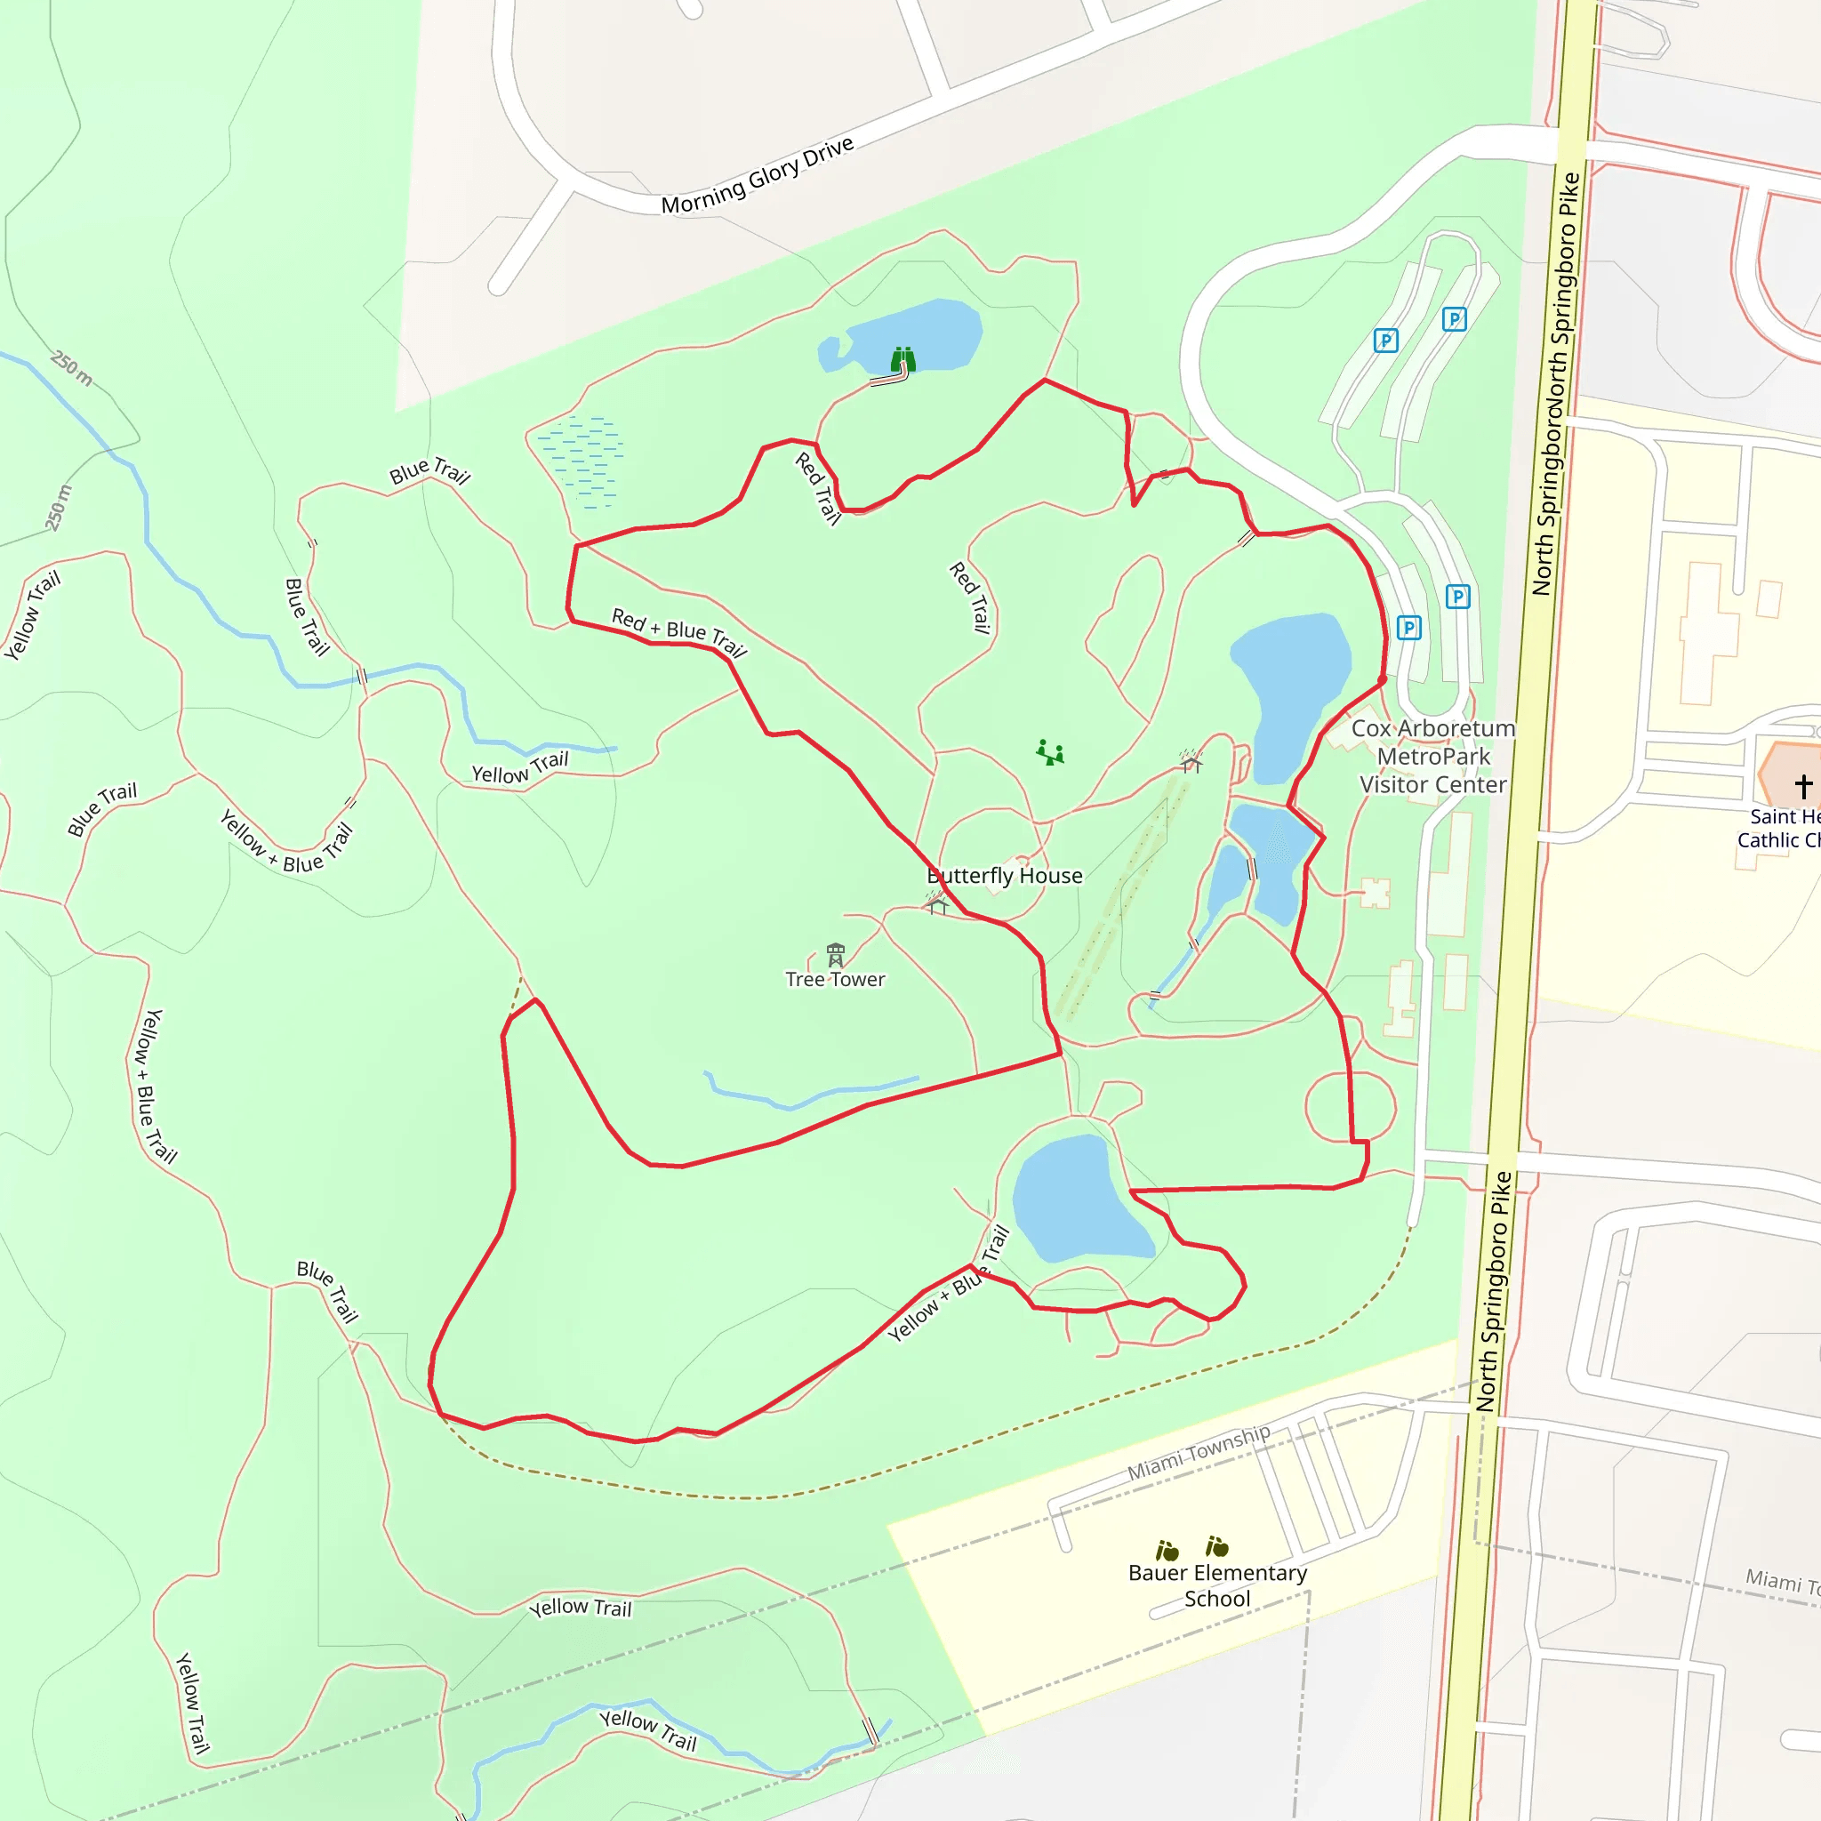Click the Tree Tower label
[835, 979]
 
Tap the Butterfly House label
[1005, 876]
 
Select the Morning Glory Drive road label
[757, 175]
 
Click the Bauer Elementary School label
[1217, 1585]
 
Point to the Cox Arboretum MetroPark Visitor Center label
[1432, 756]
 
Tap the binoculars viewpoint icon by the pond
[903, 359]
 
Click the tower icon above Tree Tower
[835, 954]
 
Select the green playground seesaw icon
[1050, 752]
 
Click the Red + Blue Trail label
[678, 632]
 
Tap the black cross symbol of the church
[1803, 785]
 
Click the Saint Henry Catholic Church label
[1781, 829]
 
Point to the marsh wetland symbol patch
[581, 461]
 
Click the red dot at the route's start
[1382, 678]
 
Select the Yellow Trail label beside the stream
[520, 768]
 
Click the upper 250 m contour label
[72, 367]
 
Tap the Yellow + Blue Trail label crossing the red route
[948, 1283]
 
